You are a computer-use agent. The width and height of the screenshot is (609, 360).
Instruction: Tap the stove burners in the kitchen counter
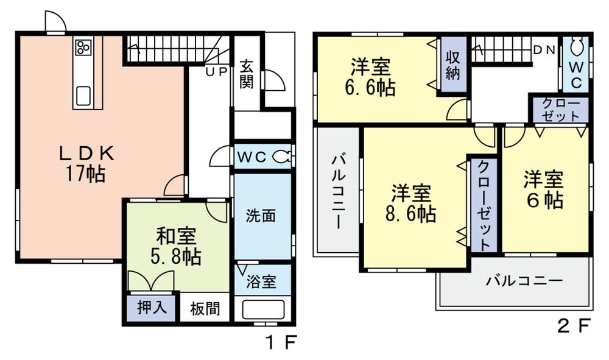pos(83,47)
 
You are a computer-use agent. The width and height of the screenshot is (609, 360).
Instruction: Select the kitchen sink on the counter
pos(83,95)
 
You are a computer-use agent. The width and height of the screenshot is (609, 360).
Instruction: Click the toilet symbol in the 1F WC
pos(281,156)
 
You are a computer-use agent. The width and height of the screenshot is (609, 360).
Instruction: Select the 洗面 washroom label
pos(261,216)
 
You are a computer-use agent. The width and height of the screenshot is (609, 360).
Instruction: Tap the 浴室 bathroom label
pos(262,282)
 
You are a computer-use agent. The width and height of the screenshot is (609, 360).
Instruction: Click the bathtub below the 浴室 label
pos(263,309)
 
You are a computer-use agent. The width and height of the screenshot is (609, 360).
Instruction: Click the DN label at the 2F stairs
pos(544,51)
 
